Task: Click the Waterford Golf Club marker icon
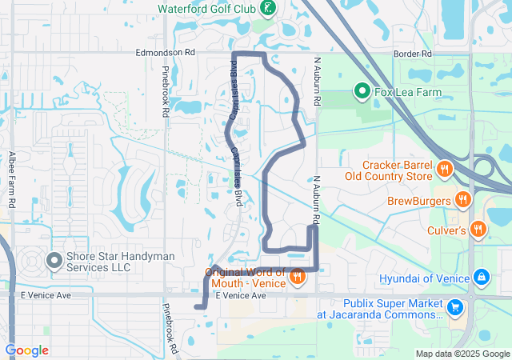[x=268, y=10]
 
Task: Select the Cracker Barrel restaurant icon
[x=446, y=169]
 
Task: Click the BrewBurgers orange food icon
[x=462, y=200]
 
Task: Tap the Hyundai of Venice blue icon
[x=481, y=278]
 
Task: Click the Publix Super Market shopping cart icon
[x=455, y=306]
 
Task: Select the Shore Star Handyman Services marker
[x=54, y=261]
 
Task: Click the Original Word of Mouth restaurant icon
[x=297, y=277]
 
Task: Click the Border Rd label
[x=412, y=54]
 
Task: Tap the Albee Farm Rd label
[x=13, y=181]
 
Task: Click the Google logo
[x=27, y=350]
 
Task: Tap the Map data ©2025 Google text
[x=462, y=354]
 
